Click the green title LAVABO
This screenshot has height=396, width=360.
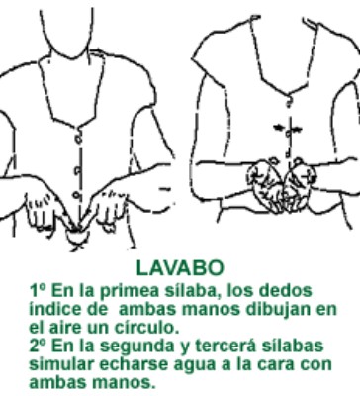181,267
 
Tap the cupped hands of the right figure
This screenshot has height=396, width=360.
274,178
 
